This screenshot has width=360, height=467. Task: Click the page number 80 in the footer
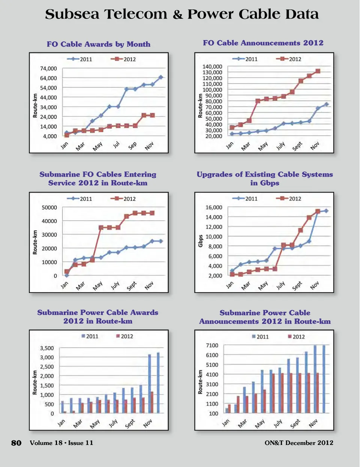[x=16, y=443]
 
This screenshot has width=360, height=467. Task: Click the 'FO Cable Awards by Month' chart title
[x=99, y=44]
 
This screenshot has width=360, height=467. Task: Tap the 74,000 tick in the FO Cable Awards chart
[x=48, y=69]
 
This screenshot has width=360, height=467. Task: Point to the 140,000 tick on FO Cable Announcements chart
[x=212, y=67]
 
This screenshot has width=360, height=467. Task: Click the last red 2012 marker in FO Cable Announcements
[x=318, y=71]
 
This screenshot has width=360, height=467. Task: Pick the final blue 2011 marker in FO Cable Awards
[x=161, y=77]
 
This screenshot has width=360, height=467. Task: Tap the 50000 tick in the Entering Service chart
[x=49, y=207]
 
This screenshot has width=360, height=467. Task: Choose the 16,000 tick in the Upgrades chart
[x=214, y=207]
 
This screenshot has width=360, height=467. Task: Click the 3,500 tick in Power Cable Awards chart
[x=47, y=348]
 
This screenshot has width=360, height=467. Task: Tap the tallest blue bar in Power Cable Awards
[x=158, y=383]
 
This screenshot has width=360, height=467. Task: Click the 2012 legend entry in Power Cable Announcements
[x=296, y=336]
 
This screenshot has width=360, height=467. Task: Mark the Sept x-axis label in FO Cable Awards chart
[x=133, y=146]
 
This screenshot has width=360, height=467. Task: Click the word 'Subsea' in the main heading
[x=72, y=14]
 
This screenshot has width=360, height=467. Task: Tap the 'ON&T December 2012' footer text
[x=299, y=443]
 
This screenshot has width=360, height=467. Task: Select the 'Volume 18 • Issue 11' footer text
[x=61, y=443]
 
